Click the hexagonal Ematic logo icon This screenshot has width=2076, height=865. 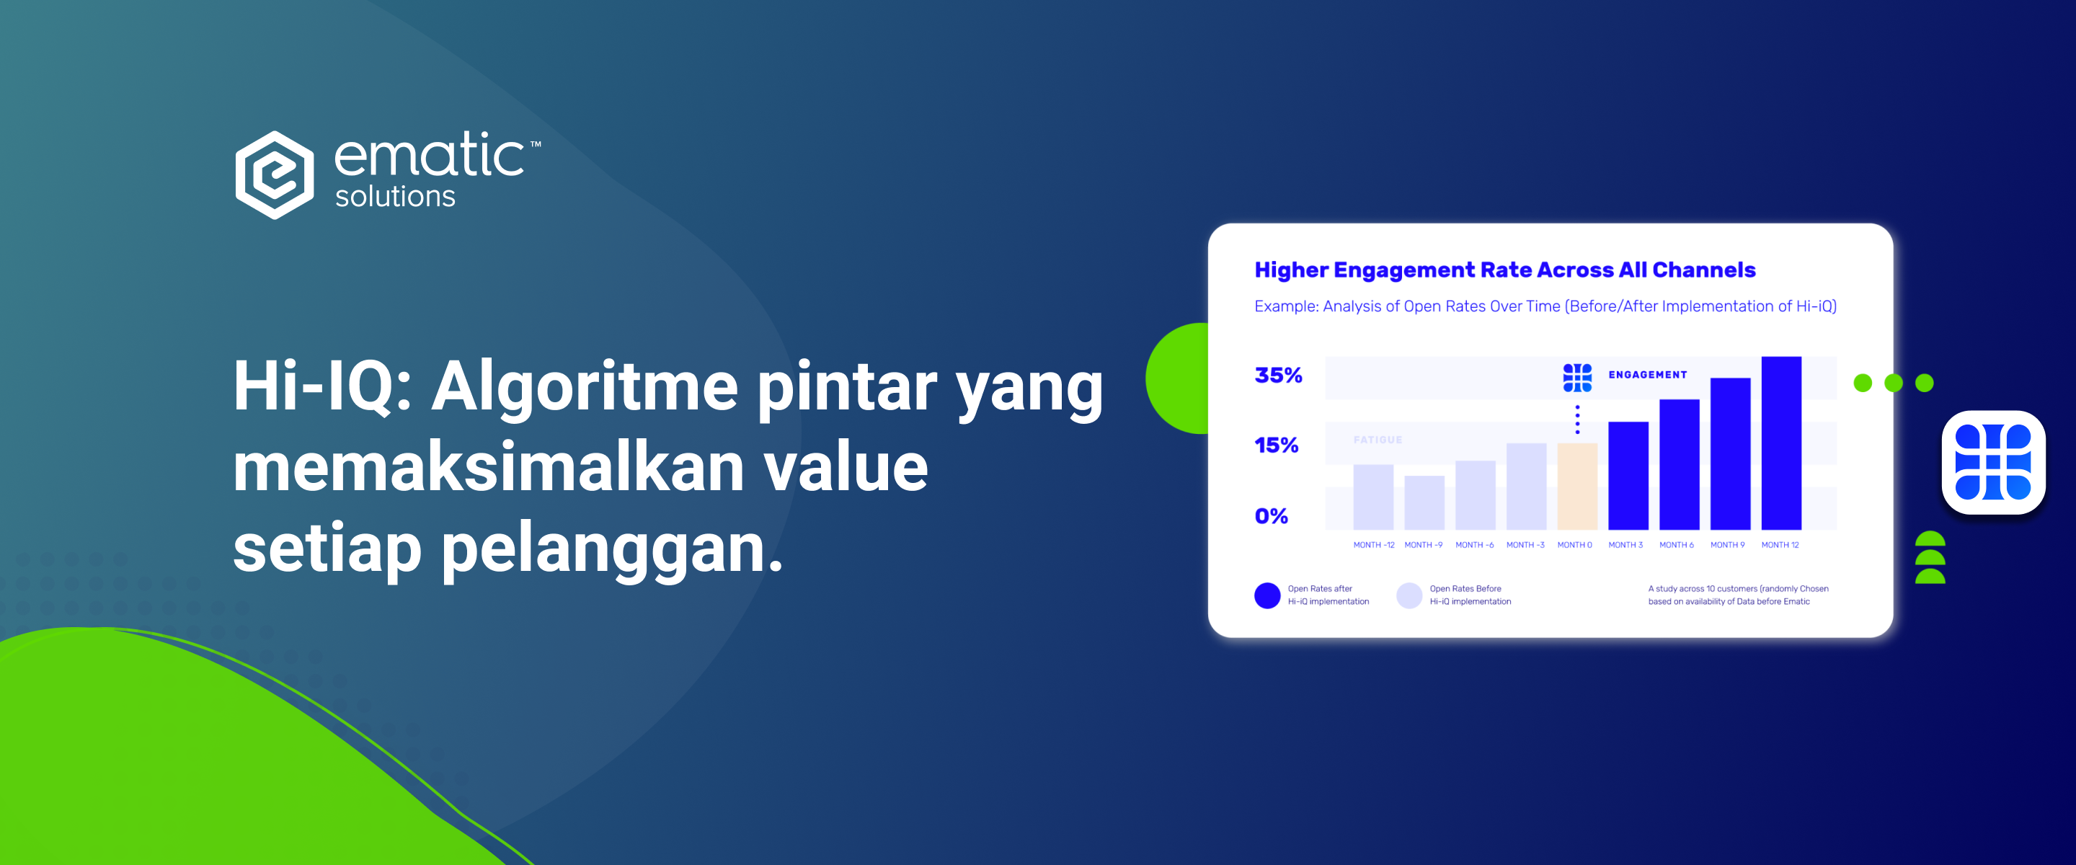point(275,175)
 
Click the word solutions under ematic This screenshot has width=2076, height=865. point(395,196)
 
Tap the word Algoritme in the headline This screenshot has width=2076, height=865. point(585,389)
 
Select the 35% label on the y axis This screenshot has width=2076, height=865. point(1278,375)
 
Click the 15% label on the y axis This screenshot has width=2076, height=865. point(1277,445)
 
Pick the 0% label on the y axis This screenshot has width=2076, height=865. point(1271,516)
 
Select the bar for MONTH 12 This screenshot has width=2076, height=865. point(1781,443)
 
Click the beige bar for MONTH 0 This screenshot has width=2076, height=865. point(1577,486)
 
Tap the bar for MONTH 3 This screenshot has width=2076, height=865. point(1628,476)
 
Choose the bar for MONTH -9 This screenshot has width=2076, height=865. point(1424,502)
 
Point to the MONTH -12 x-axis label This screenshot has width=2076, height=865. point(1373,545)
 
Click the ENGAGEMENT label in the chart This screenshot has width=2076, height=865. point(1647,375)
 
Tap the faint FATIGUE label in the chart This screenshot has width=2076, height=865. point(1378,440)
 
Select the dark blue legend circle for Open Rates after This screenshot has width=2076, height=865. point(1267,595)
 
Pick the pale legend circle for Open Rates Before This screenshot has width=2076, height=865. point(1409,595)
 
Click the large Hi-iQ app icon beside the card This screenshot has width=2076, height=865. point(1993,462)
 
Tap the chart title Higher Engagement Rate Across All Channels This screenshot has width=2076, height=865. point(1504,270)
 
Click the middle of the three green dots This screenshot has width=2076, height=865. point(1893,383)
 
